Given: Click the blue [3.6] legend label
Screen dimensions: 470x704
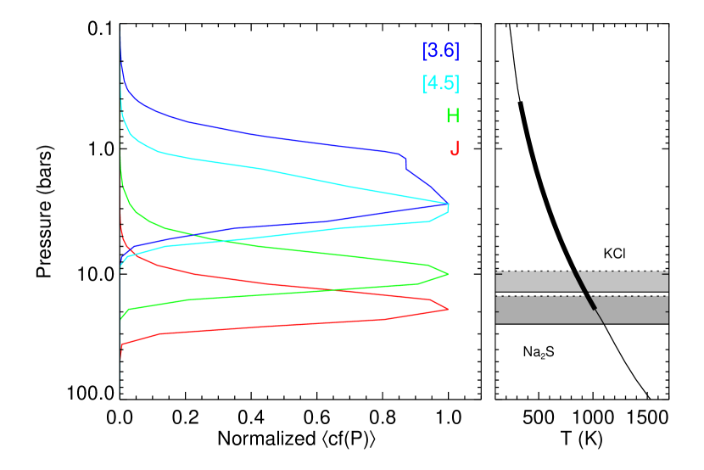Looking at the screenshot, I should tap(441, 51).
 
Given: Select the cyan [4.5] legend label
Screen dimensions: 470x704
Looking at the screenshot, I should tap(441, 83).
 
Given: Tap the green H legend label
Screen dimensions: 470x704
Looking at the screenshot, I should tap(453, 116).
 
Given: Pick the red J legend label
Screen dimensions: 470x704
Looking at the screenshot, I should tap(455, 148).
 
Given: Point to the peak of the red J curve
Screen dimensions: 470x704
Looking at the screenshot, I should tap(448, 310).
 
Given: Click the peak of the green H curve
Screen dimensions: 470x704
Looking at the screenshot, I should tap(448, 274).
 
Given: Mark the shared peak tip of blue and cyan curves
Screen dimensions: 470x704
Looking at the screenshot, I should tap(448, 204).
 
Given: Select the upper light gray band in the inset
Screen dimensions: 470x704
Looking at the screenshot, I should tap(534, 282).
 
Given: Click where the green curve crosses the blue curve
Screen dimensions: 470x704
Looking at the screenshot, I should tap(193, 234).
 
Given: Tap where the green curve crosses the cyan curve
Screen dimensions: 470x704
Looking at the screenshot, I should tap(225, 241).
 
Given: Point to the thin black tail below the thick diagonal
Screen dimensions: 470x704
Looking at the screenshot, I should tap(600, 316).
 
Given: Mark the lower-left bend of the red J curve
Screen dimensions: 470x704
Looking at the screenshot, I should tap(122, 344).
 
